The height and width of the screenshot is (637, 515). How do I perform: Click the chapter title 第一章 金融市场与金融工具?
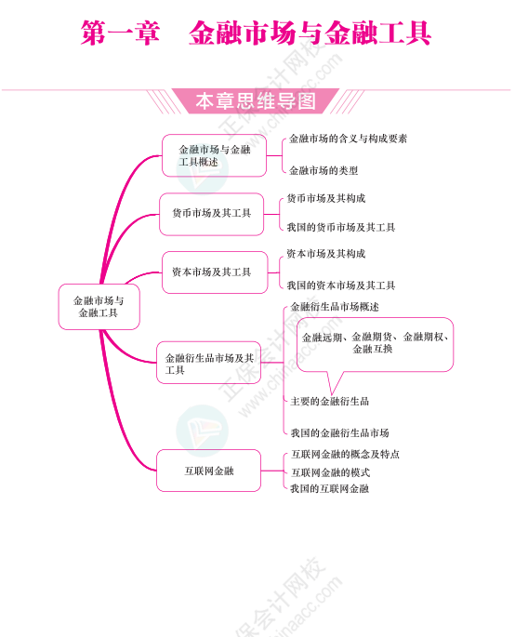point(256,33)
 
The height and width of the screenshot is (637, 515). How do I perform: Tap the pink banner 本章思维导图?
point(256,101)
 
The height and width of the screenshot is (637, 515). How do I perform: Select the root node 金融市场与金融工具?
point(99,307)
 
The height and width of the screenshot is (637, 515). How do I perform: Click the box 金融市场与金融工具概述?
point(214,155)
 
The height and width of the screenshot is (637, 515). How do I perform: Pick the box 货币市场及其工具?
point(212,214)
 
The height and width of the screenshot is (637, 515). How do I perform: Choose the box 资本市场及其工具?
point(215,272)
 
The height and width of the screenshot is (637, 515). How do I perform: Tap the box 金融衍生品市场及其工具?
point(209,363)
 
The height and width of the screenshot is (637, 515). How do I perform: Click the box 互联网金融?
point(209,471)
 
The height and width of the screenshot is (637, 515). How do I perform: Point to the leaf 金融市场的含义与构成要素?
point(348,139)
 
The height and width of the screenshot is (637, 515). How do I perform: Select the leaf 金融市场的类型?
point(324,170)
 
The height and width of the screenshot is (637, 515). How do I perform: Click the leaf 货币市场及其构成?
point(326,198)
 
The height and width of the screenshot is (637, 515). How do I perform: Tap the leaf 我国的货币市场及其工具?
point(341,227)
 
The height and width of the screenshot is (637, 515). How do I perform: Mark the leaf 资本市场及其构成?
point(326,254)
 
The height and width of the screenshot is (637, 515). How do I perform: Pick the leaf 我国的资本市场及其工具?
point(341,285)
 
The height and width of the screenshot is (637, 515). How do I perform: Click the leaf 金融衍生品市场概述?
point(335,307)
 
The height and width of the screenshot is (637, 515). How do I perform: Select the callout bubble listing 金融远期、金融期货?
point(375,344)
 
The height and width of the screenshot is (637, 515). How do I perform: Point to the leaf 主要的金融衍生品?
point(330,402)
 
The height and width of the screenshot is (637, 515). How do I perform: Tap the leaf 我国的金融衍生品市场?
point(339,433)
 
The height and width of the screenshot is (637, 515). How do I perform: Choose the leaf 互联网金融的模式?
point(330,472)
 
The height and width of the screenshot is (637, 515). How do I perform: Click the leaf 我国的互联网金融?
point(329,489)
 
